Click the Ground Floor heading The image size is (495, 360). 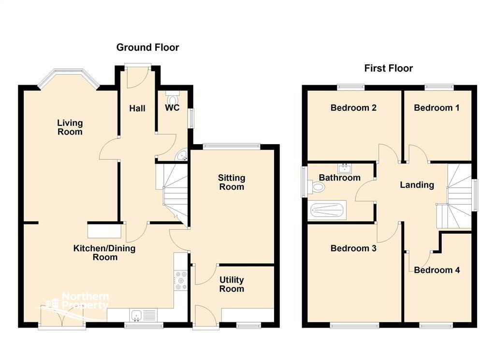(147, 47)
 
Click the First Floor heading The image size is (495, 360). (388, 68)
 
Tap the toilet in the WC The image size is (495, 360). (173, 97)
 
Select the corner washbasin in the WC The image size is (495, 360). (182, 155)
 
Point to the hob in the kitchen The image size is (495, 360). (181, 280)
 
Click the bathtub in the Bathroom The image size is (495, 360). (327, 210)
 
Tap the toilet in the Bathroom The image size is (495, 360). (316, 187)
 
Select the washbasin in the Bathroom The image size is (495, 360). (345, 169)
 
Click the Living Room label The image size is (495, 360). (70, 127)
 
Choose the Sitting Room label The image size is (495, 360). (232, 182)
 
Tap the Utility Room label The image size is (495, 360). (232, 284)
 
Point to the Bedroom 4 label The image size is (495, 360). (437, 270)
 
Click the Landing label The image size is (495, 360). (417, 185)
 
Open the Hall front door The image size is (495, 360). (138, 76)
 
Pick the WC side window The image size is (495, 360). (191, 118)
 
